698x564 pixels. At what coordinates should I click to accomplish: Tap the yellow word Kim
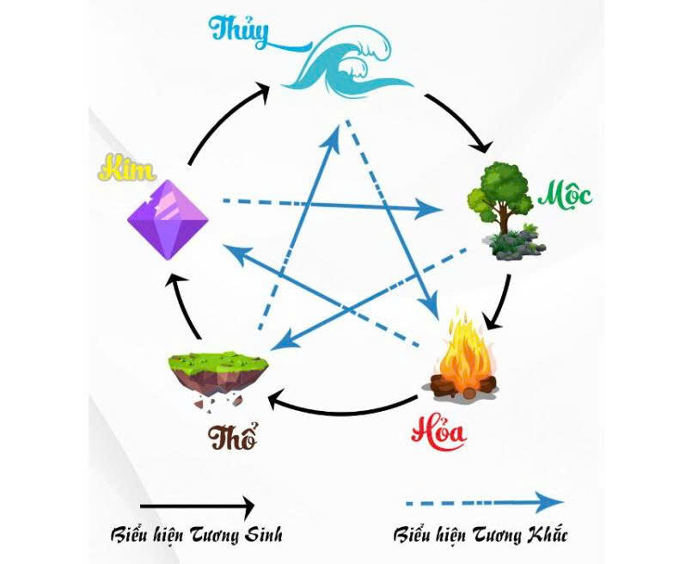point(127,169)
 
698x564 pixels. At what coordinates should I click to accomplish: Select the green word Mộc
point(566,196)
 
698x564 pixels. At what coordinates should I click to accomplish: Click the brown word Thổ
point(232,436)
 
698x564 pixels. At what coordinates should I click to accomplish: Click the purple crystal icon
point(168,219)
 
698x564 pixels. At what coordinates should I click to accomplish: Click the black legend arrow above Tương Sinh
point(197,506)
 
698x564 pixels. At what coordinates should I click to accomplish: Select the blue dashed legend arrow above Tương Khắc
point(484,503)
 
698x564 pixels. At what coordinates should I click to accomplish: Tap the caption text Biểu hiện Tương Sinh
point(196,534)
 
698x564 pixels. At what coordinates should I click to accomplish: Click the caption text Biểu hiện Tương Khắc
point(480,533)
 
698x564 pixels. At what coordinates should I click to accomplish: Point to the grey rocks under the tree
point(517,246)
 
